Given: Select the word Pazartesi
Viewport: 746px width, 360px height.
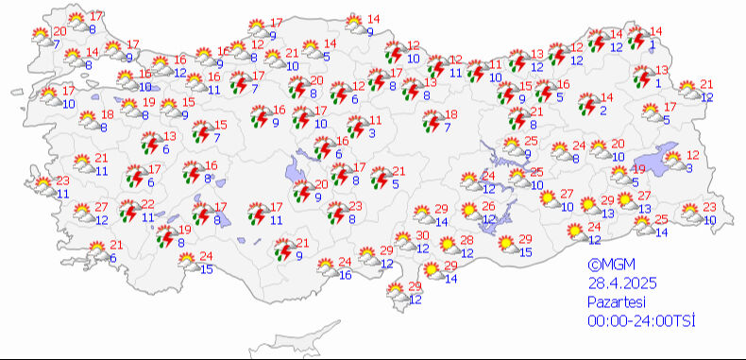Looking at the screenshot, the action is (x=616, y=302).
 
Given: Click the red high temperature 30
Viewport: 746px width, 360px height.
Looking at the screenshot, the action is (x=423, y=235).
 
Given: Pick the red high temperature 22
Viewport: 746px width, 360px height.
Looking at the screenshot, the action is (x=147, y=204).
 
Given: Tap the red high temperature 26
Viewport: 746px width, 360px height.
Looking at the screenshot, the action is (x=488, y=206).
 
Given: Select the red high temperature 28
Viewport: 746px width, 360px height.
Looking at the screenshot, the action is (x=466, y=240).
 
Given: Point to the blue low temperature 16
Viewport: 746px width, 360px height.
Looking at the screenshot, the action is (x=346, y=275).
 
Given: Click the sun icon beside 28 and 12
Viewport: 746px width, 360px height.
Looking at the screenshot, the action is (x=443, y=245).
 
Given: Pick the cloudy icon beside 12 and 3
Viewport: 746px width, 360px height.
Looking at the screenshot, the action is (x=672, y=161).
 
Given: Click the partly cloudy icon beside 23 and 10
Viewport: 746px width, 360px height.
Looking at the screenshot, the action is (x=690, y=213).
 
